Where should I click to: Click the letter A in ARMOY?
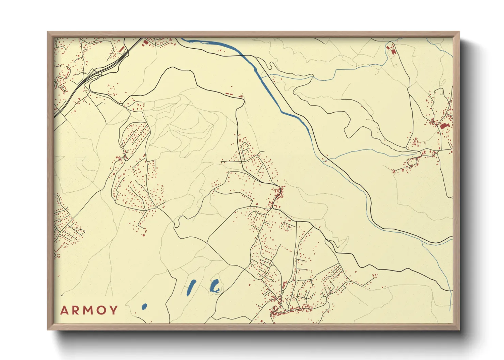coord(64,310)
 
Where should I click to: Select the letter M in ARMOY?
coord(88,310)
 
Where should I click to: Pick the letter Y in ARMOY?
coord(113,310)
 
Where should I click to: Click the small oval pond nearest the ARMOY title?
coord(144,307)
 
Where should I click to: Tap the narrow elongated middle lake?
coord(191,287)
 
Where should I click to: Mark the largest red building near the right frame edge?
coord(444,126)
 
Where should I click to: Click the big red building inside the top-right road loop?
coord(394,52)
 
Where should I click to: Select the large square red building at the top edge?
coord(146,42)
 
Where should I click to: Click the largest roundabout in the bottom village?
coord(282,292)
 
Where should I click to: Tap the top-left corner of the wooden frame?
coord(48,32)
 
